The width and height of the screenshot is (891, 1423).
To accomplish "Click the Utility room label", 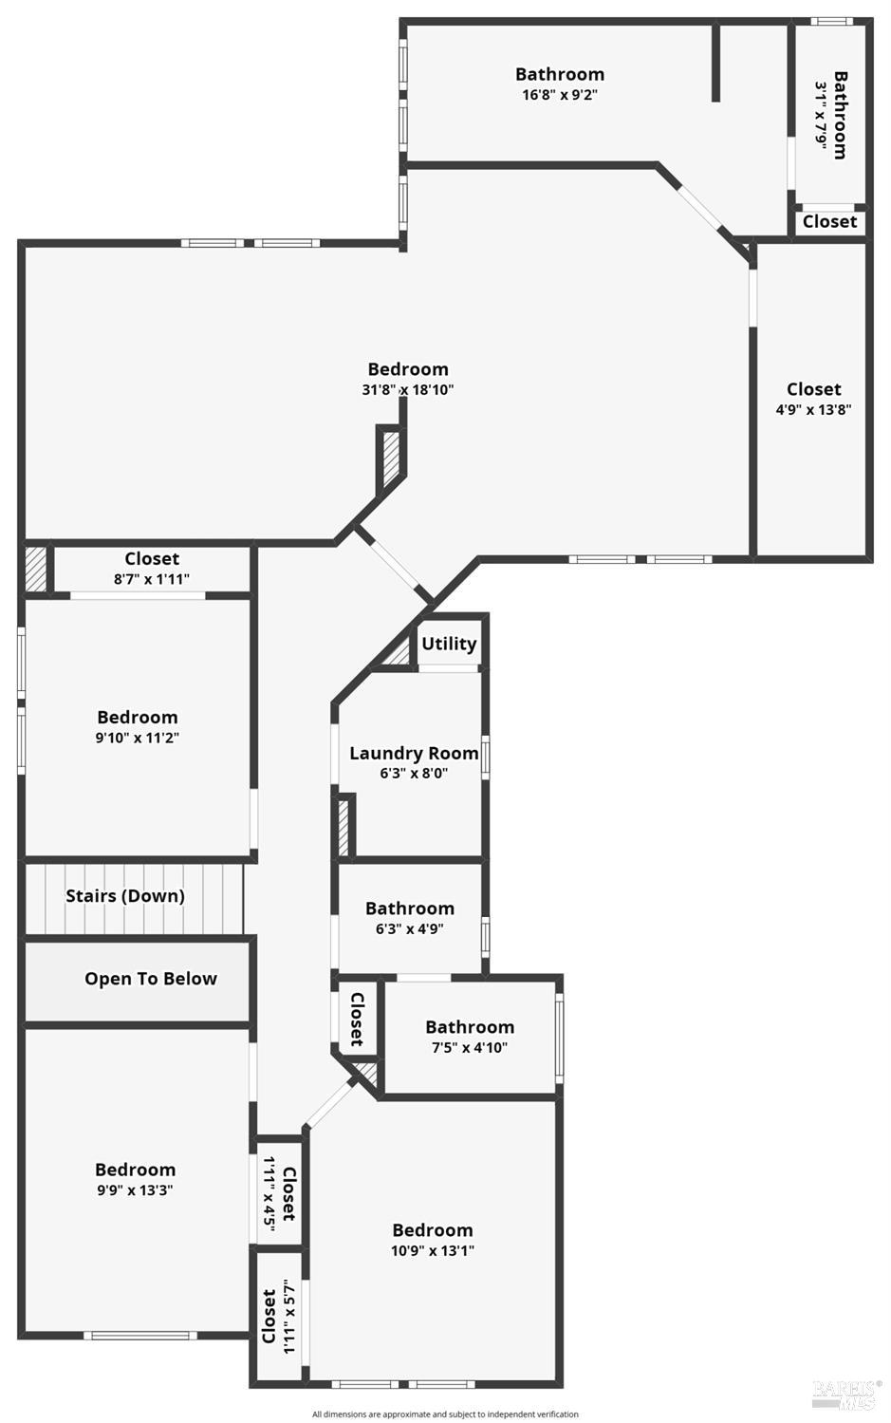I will pyautogui.click(x=449, y=644).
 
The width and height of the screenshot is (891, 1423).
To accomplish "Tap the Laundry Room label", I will pyautogui.click(x=414, y=754).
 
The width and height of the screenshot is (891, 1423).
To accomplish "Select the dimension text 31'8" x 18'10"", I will pyautogui.click(x=408, y=389).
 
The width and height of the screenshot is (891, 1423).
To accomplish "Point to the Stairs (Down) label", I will pyautogui.click(x=125, y=896).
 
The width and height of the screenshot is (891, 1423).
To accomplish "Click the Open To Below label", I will pyautogui.click(x=151, y=979).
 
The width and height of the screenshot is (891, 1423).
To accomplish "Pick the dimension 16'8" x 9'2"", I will pyautogui.click(x=560, y=94).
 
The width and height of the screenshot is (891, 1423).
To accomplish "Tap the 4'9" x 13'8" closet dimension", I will pyautogui.click(x=813, y=410).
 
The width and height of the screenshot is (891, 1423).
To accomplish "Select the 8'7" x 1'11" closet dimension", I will pyautogui.click(x=152, y=578).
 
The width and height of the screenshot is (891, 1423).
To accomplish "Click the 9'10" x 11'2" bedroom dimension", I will pyautogui.click(x=138, y=738).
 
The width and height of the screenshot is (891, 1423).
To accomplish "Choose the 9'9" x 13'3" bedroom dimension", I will pyautogui.click(x=135, y=1190).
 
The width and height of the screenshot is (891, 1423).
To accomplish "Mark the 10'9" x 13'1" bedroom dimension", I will pyautogui.click(x=433, y=1250).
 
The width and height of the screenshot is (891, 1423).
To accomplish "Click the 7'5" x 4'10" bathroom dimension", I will pyautogui.click(x=470, y=1047).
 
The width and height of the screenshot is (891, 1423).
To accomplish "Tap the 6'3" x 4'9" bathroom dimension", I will pyautogui.click(x=410, y=928).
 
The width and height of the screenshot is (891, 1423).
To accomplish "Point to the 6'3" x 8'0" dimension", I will pyautogui.click(x=414, y=773).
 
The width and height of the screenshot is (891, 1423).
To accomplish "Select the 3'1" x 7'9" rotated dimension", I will pyautogui.click(x=822, y=114).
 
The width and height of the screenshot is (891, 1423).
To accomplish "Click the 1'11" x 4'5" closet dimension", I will pyautogui.click(x=269, y=1193).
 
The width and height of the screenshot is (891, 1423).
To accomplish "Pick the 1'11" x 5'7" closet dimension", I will pyautogui.click(x=289, y=1318).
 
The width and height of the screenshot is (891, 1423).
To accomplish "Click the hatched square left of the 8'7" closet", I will pyautogui.click(x=36, y=568).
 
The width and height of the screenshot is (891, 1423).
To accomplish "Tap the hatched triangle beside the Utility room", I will pyautogui.click(x=399, y=653).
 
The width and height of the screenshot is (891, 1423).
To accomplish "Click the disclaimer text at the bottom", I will pyautogui.click(x=445, y=1414).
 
